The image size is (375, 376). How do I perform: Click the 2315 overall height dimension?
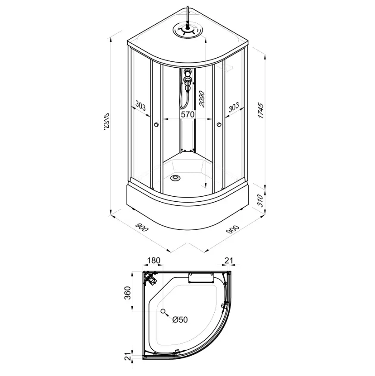pyautogui.click(x=106, y=122)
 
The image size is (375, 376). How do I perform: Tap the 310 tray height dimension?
pyautogui.click(x=260, y=201)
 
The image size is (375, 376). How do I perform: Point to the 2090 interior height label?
pyautogui.click(x=202, y=99)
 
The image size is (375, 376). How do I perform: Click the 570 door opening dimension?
pyautogui.click(x=187, y=114)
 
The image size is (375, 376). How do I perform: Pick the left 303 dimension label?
pyautogui.click(x=140, y=106)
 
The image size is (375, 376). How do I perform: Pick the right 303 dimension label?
pyautogui.click(x=234, y=107)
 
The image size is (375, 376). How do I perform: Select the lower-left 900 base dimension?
pyautogui.click(x=142, y=227)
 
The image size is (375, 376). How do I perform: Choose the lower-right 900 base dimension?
pyautogui.click(x=233, y=230)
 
